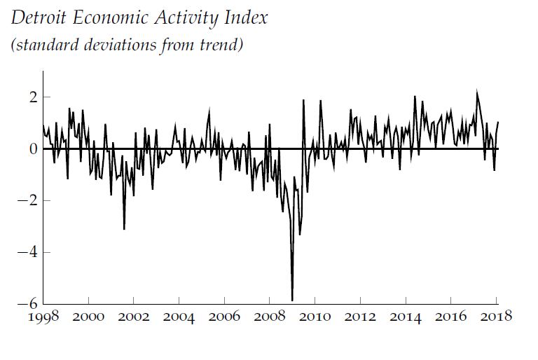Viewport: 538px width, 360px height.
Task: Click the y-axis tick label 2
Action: (x=32, y=97)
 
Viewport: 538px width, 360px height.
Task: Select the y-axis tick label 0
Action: (x=32, y=148)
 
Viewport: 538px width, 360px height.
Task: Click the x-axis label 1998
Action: (x=44, y=317)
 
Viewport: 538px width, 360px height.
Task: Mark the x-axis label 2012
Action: (x=361, y=317)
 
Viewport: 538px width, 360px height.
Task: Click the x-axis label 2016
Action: (x=451, y=317)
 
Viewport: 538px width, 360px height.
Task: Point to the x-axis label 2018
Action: (x=495, y=317)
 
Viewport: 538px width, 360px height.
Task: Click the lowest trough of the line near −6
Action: (x=292, y=299)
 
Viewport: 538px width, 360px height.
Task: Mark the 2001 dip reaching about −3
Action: (x=124, y=228)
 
